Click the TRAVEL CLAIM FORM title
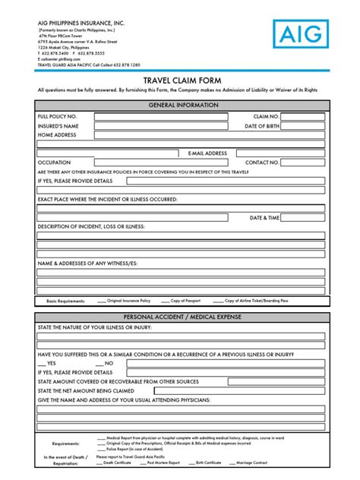[x=179, y=80]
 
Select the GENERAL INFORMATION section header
[x=180, y=103]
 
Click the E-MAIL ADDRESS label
[x=207, y=153]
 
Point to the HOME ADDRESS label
[x=57, y=134]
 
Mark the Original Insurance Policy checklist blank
[x=102, y=301]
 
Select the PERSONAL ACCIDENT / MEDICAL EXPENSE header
[x=180, y=317]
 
